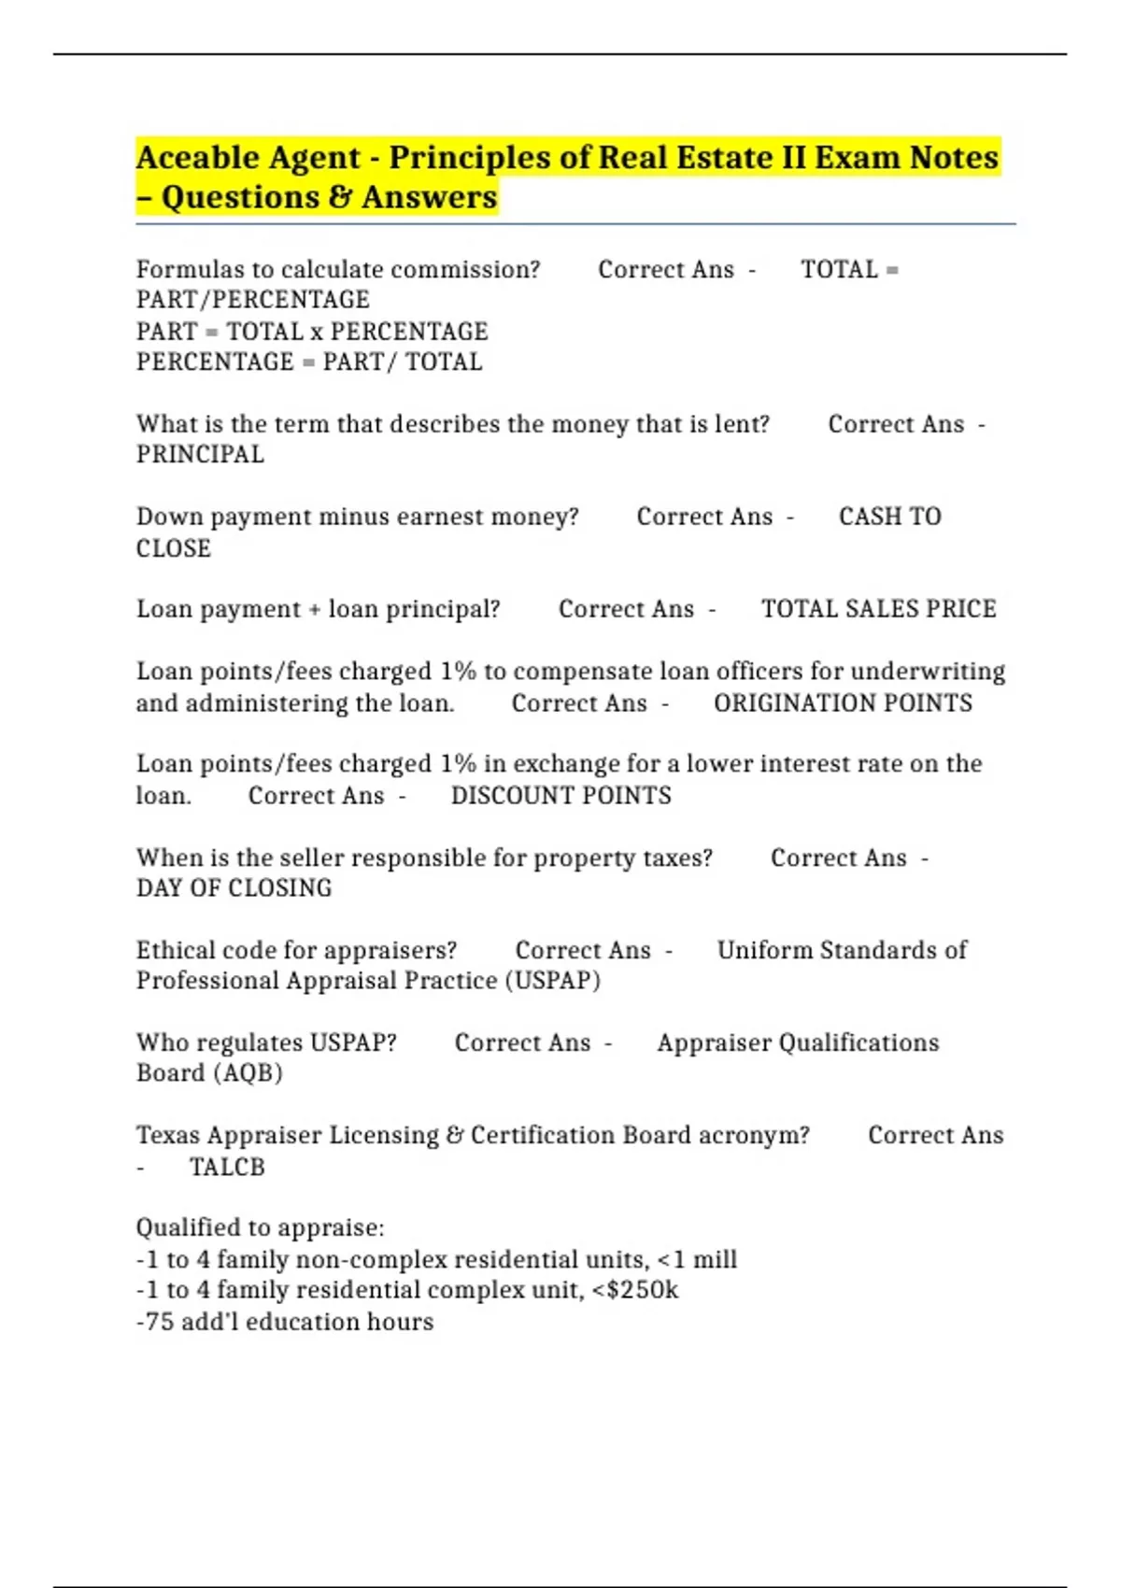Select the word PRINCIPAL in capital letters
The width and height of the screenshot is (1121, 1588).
[200, 455]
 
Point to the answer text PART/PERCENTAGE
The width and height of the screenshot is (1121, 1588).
[253, 300]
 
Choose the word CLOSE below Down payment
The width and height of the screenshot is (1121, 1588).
[174, 548]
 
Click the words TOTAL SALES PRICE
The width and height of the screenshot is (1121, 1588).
[878, 609]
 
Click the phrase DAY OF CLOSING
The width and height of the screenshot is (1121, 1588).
[234, 888]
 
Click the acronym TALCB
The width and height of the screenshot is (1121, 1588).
[227, 1168]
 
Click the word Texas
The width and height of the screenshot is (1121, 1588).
[168, 1136]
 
